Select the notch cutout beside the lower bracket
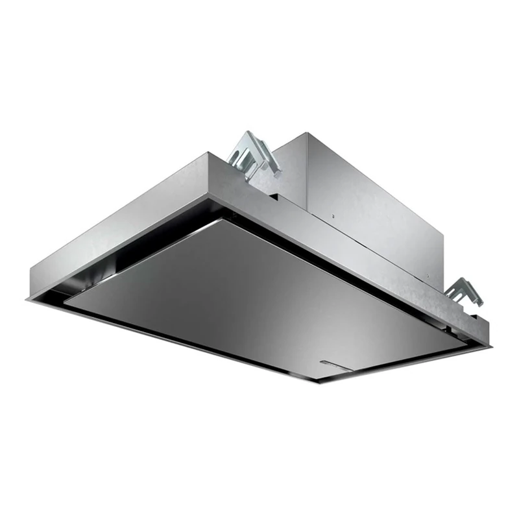pos(474,317)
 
